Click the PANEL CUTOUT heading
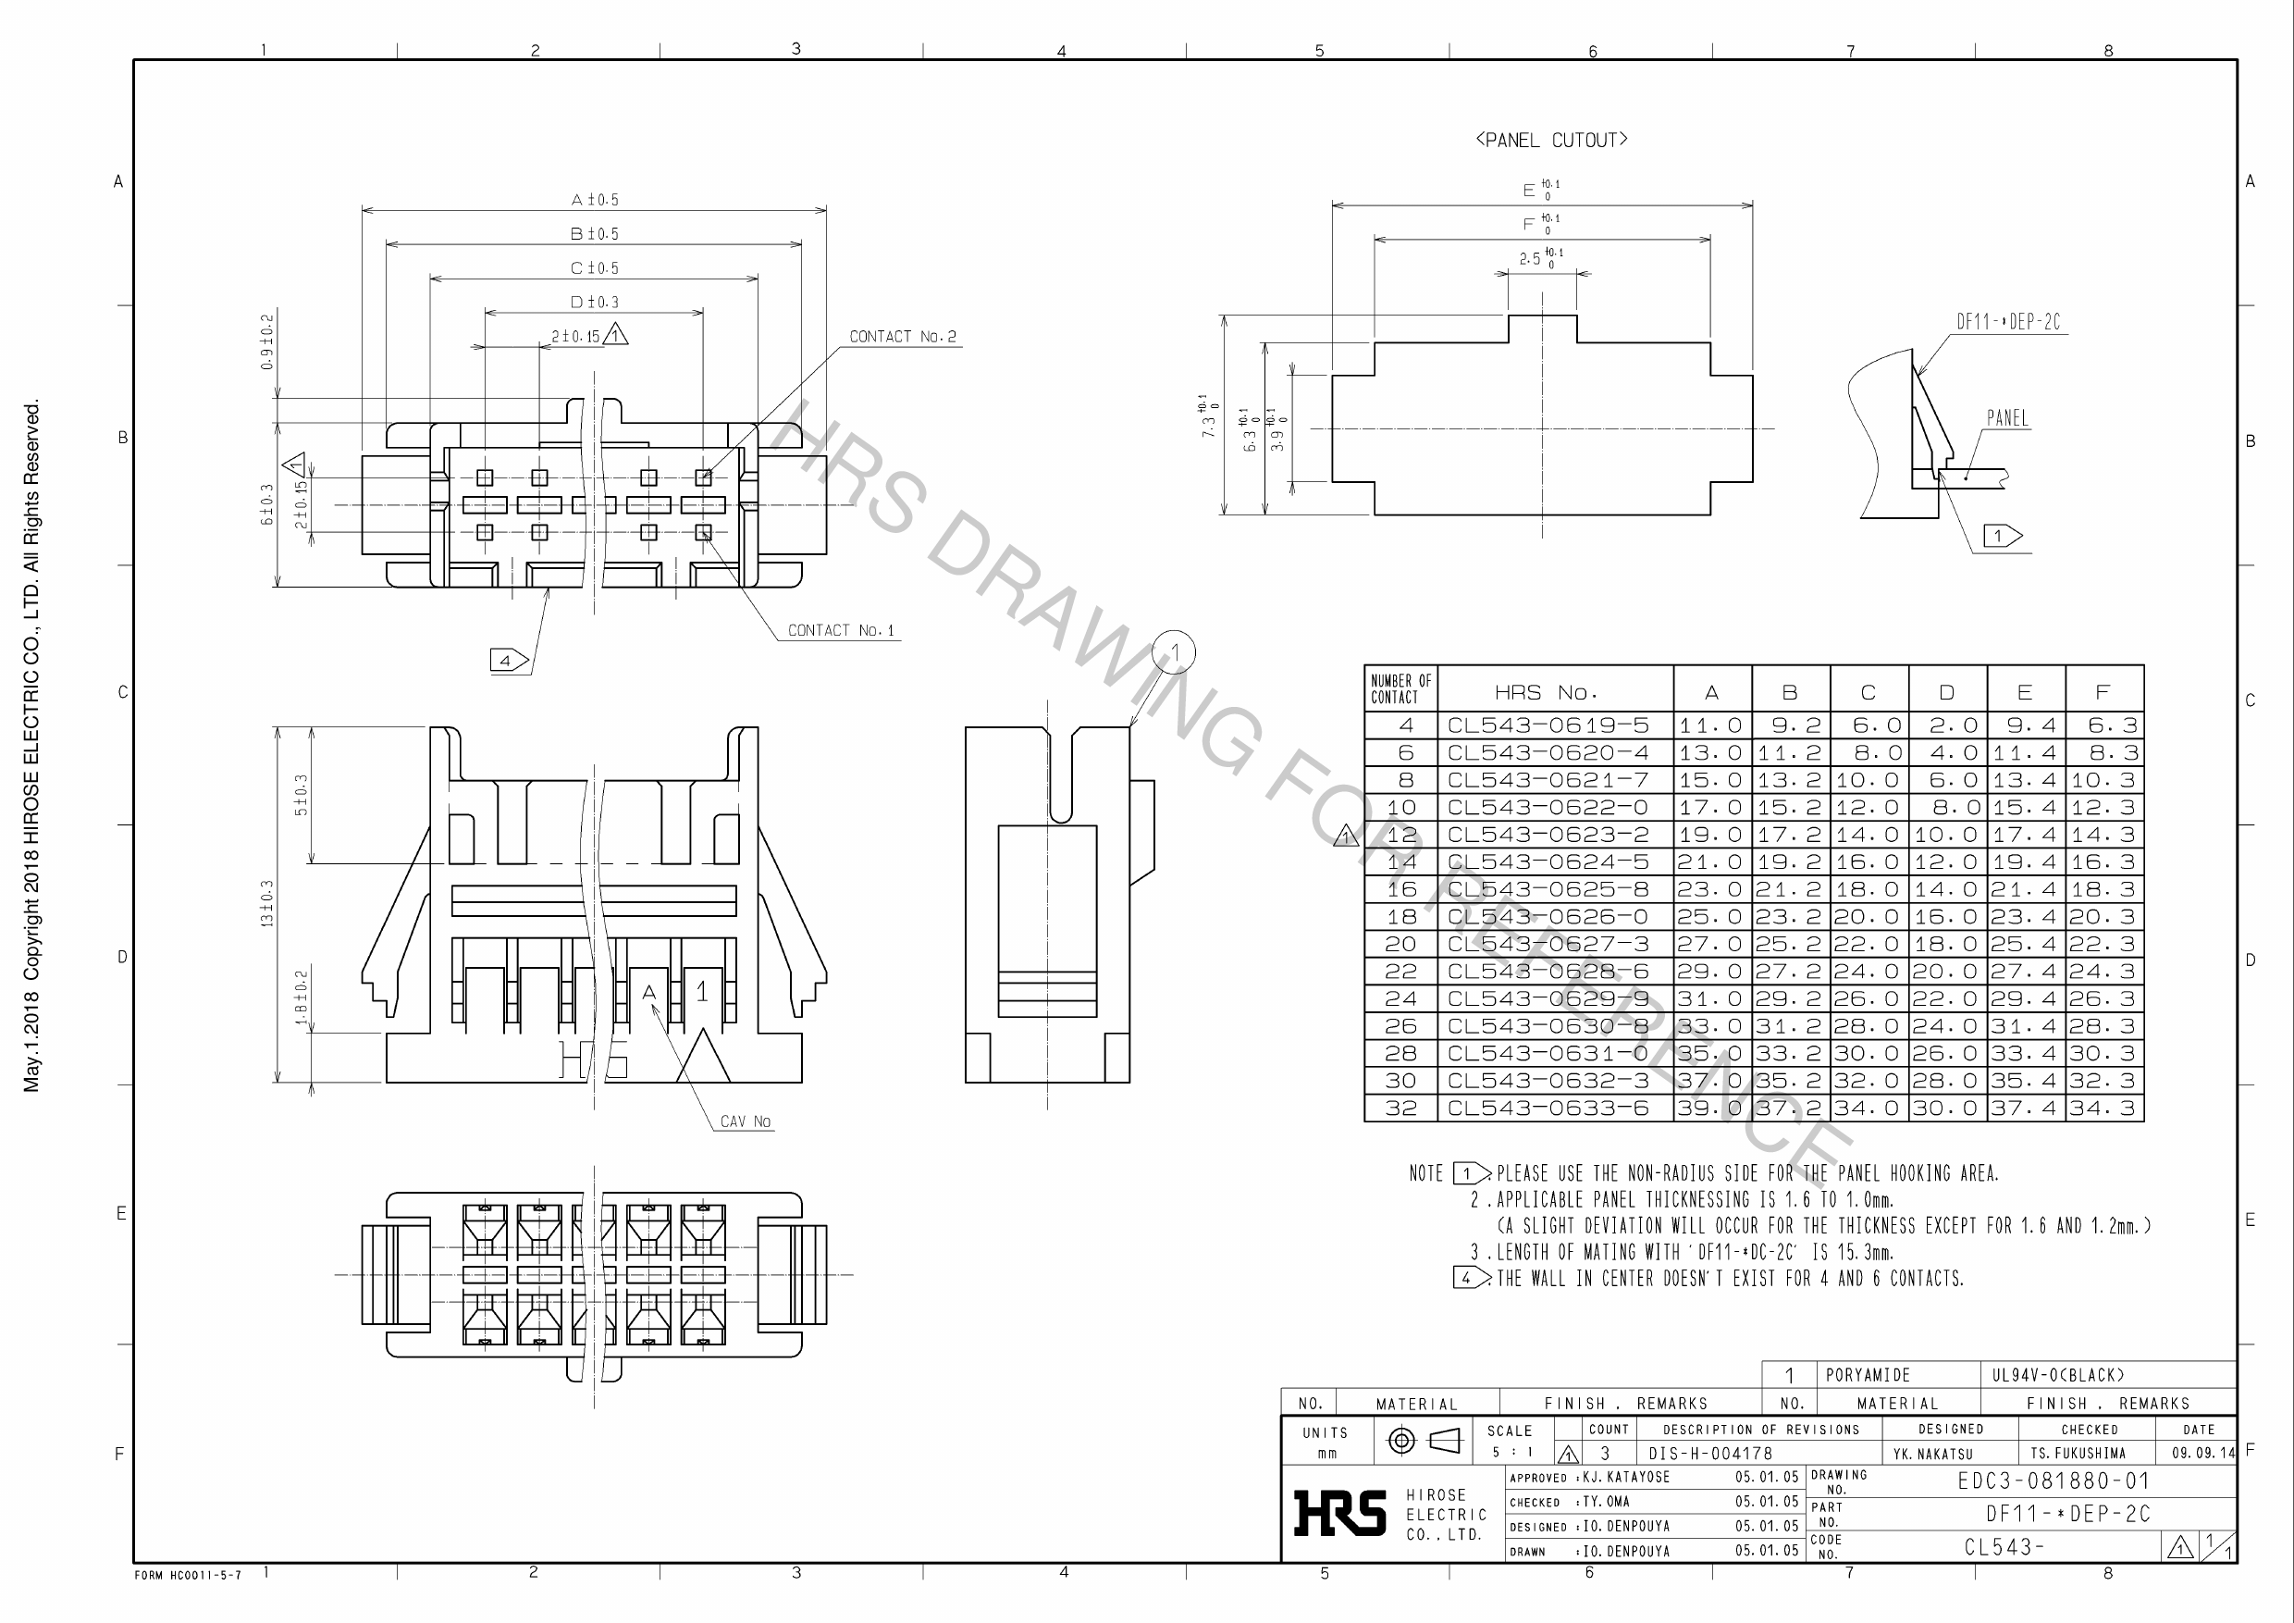coord(1550,140)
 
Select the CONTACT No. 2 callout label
coord(902,337)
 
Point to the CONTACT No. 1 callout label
coord(840,631)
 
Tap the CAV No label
coord(746,1121)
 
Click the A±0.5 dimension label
coord(595,200)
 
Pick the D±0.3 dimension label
coord(595,302)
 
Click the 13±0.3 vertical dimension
coord(266,903)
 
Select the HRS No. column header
coord(1546,691)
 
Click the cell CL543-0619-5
coord(1548,725)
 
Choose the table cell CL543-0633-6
coord(1548,1109)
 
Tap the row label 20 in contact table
coord(1400,945)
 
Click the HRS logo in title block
coord(1339,1513)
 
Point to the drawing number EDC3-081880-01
coord(2053,1481)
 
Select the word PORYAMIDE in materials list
coord(1868,1375)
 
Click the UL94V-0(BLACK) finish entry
coord(2058,1375)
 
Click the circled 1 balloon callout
coord(1174,652)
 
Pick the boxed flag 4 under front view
coord(508,661)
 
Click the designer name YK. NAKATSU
coord(1932,1454)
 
